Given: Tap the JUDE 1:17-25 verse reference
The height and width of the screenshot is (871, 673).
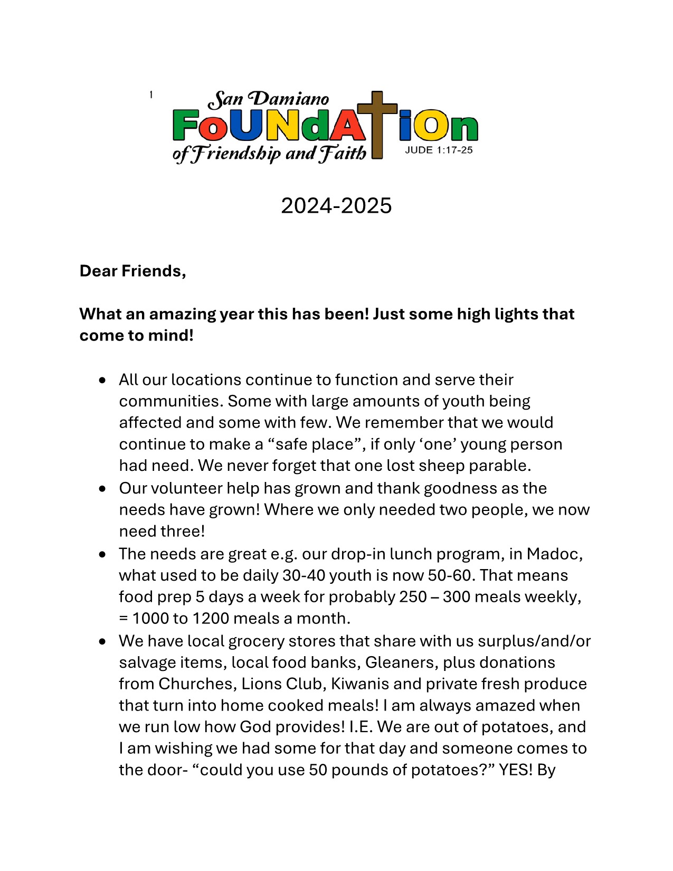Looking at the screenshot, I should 439,150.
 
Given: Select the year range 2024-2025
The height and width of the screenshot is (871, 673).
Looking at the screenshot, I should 336,205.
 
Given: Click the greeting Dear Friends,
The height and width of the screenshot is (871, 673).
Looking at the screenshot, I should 132,271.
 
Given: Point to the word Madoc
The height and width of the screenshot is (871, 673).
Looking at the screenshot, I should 554,554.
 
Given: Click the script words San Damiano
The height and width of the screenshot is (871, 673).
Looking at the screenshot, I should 269,99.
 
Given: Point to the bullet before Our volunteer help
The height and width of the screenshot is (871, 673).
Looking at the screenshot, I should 102,489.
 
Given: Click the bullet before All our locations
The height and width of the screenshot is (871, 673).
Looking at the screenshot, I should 102,381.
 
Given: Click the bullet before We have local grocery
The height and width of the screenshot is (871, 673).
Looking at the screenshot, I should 102,642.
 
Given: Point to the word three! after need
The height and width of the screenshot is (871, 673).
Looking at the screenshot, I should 180,531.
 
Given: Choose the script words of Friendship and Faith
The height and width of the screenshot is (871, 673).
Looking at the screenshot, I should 269,154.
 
